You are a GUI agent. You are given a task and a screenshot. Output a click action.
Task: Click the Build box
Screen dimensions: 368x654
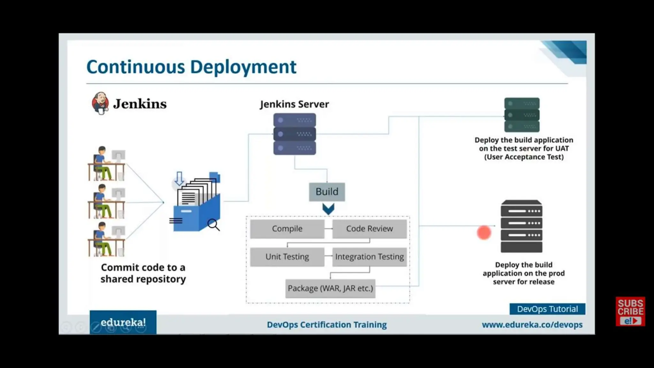[x=327, y=192]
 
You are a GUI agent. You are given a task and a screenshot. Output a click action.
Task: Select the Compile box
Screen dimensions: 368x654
[x=287, y=229]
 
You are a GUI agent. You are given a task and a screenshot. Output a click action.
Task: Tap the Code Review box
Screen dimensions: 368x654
[x=369, y=229]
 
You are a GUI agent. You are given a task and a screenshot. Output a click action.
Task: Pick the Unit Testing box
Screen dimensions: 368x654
[x=287, y=257]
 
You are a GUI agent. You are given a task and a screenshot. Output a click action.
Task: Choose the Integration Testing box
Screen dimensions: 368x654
[x=369, y=257]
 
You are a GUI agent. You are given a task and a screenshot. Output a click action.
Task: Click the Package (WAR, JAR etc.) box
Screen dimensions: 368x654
[x=330, y=288]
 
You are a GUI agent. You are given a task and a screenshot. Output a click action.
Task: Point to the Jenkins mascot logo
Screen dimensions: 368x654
[x=100, y=103]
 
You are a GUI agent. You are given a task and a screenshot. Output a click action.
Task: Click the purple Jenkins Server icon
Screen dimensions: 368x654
[x=294, y=134]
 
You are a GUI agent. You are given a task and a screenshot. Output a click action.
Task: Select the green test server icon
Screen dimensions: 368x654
[x=522, y=115]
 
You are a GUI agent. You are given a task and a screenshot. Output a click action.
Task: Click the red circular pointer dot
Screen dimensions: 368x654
[x=484, y=233]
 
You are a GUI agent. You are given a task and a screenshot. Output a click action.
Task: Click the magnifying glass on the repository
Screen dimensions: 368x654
[x=213, y=224]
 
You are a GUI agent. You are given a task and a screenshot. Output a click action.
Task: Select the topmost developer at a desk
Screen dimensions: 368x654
[x=107, y=164]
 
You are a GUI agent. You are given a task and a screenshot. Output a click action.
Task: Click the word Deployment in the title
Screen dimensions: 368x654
[x=243, y=67]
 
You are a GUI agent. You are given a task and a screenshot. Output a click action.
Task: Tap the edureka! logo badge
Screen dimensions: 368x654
[x=123, y=322]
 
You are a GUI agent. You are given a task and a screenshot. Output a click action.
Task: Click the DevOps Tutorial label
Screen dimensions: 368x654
[x=547, y=309]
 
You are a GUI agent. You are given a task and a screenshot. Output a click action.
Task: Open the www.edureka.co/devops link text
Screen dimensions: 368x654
[x=532, y=325]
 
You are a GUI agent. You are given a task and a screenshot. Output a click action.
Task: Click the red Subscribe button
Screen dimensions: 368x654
[x=630, y=311]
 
